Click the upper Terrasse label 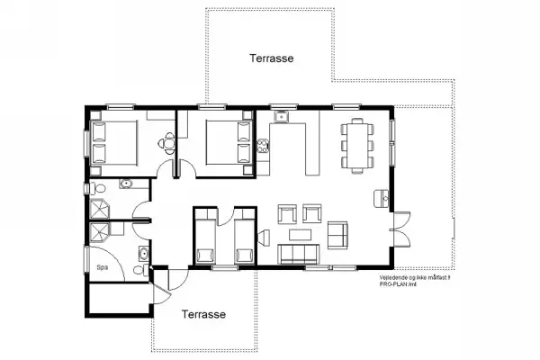272,58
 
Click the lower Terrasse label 203,315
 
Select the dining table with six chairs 356,143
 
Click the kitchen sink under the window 282,116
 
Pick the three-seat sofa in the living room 299,255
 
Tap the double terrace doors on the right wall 391,230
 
